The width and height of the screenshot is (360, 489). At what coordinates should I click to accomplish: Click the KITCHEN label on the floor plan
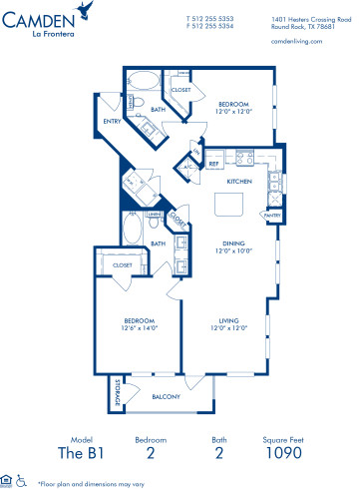(x=238, y=181)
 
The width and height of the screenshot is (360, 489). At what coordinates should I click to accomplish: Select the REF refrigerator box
(x=212, y=165)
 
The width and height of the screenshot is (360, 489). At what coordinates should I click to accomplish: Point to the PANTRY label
(x=270, y=214)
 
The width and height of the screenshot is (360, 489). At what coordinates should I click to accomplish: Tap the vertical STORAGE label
(x=116, y=392)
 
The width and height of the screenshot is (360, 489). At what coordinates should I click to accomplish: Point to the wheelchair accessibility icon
(x=21, y=480)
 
